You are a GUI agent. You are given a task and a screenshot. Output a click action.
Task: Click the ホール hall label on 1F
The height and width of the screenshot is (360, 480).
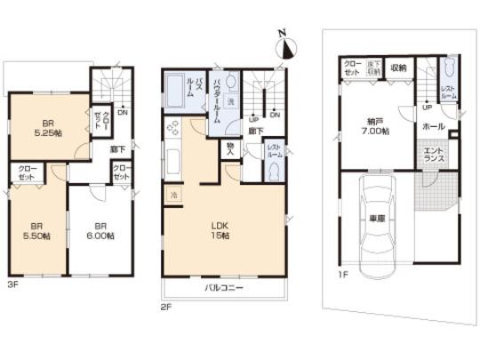coord(435,127)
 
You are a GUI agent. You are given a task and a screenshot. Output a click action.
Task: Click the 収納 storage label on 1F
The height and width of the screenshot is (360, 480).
coord(397,68)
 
